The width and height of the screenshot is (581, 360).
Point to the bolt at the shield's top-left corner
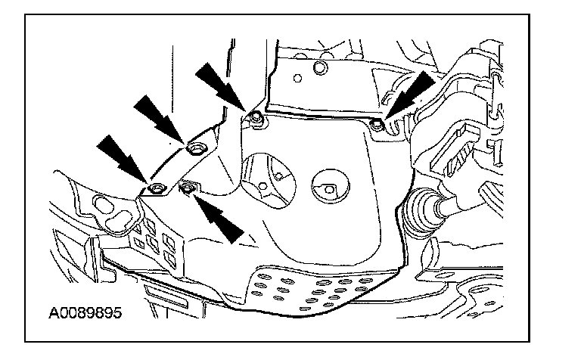256,116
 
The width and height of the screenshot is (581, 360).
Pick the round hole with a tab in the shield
328,187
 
